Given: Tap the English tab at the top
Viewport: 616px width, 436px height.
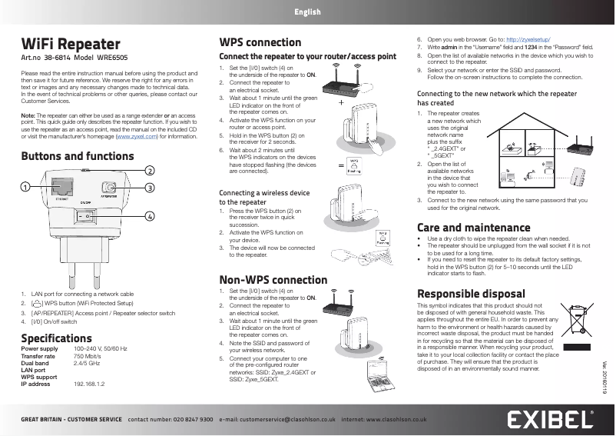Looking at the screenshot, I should click(x=307, y=12).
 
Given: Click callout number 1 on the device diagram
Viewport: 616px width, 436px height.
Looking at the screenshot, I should click(x=25, y=187).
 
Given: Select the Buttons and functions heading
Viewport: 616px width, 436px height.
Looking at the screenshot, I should click(x=77, y=157).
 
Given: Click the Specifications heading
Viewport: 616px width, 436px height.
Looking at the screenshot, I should click(x=57, y=338).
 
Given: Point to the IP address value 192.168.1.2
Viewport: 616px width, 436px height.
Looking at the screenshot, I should click(x=89, y=384).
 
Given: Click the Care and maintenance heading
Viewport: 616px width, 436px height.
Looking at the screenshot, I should click(x=473, y=228).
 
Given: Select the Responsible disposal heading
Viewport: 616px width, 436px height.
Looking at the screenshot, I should click(x=471, y=294).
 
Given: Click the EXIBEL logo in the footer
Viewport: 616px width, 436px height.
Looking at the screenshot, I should click(x=550, y=420).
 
